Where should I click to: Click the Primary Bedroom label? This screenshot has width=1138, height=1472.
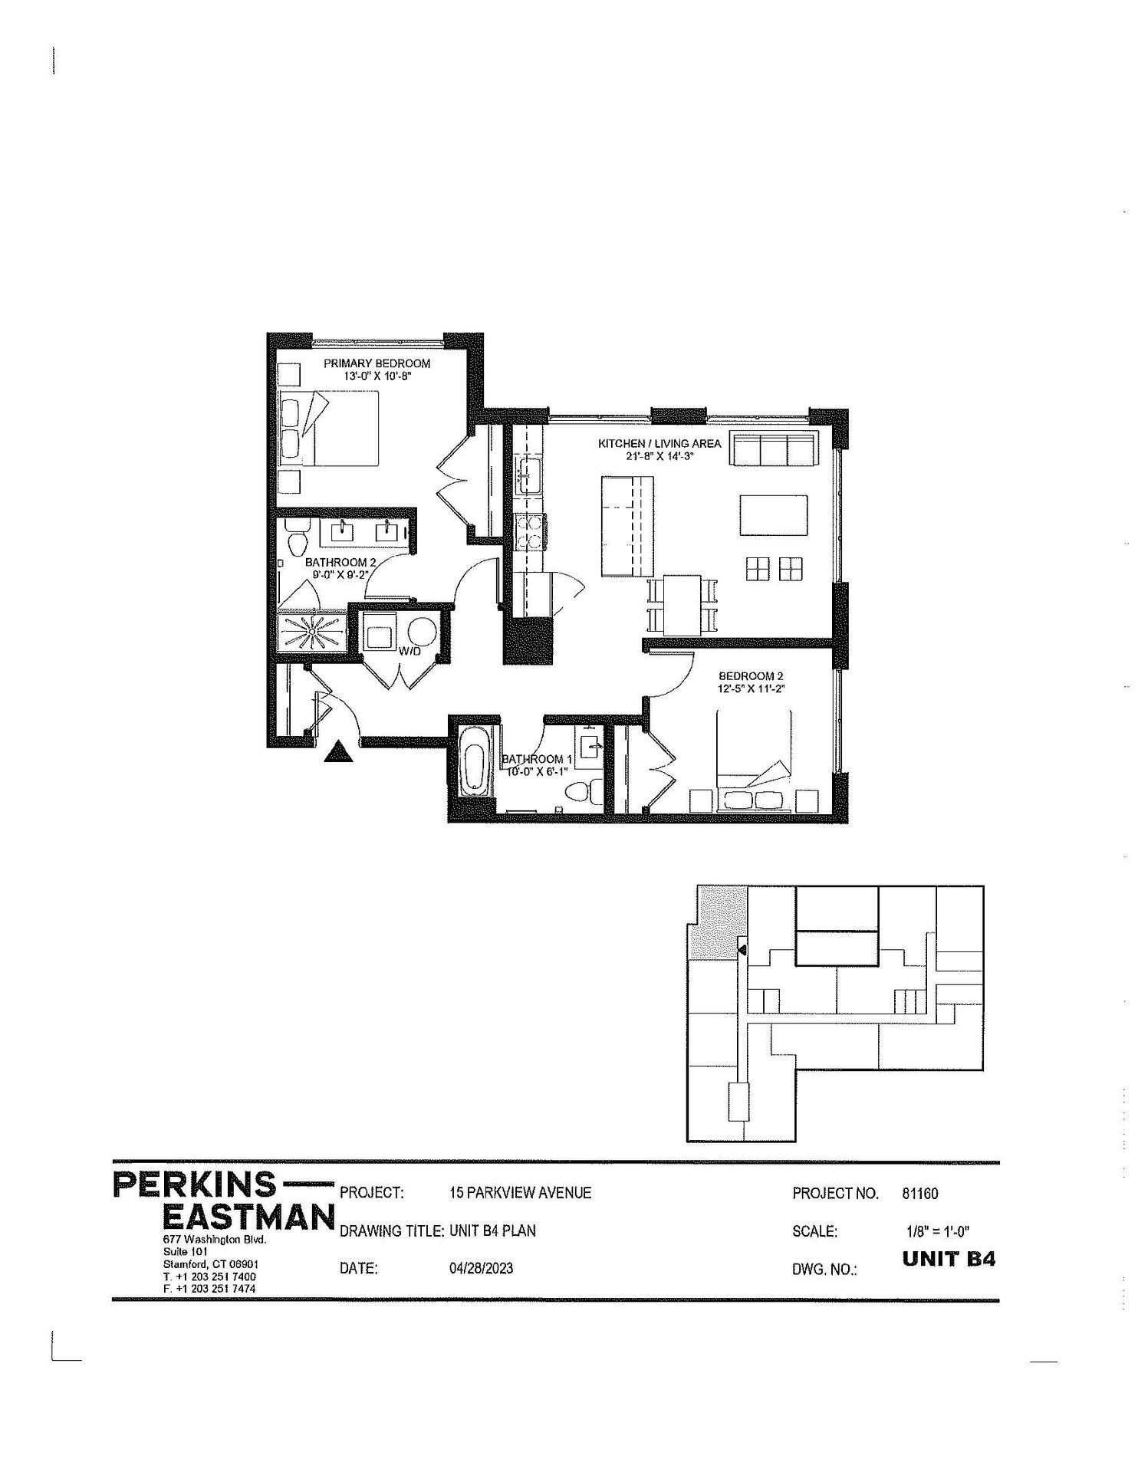(x=376, y=363)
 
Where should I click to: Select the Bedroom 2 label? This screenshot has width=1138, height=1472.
(x=750, y=676)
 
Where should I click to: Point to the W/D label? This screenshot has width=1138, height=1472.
(x=407, y=652)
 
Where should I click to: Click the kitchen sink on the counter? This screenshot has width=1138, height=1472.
(x=528, y=477)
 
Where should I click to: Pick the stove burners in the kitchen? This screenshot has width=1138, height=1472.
(x=529, y=531)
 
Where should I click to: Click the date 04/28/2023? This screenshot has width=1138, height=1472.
(x=481, y=1268)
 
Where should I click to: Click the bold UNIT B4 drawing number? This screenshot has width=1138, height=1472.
(x=949, y=1259)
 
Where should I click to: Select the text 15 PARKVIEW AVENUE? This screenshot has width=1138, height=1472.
(x=521, y=1193)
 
